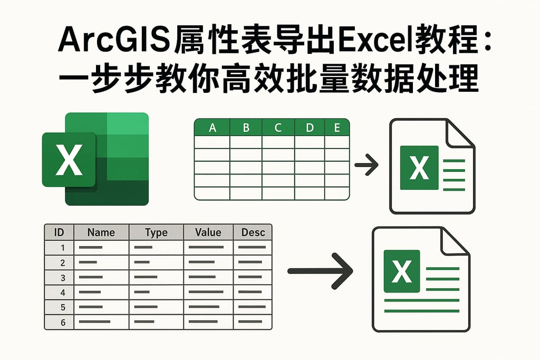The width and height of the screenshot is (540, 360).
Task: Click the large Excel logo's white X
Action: [69, 160]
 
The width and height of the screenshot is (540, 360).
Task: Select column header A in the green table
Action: [213, 128]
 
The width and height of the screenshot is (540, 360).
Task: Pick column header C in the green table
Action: [278, 128]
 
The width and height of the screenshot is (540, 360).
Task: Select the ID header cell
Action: [59, 232]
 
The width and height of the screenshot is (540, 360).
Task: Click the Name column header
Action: [101, 232]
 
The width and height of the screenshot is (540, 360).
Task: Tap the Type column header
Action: [156, 232]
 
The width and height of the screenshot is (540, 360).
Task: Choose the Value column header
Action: [208, 232]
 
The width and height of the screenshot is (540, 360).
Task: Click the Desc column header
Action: [253, 232]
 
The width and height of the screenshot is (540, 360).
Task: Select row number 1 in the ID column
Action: [63, 248]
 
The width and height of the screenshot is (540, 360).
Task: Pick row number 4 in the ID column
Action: [63, 292]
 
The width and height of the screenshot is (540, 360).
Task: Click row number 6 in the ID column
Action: [63, 322]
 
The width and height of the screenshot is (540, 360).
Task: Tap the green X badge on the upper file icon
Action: [419, 168]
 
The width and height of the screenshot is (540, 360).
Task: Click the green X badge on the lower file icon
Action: [402, 271]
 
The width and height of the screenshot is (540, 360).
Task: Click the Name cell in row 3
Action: [101, 277]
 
